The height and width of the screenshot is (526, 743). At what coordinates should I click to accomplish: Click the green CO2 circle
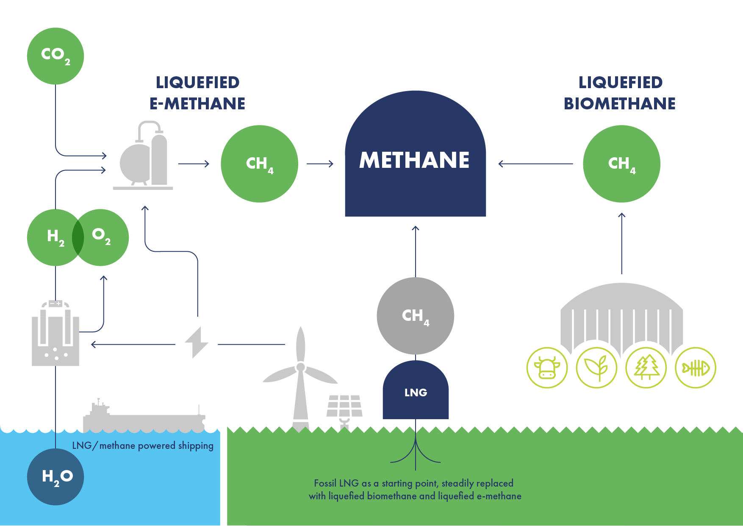55,56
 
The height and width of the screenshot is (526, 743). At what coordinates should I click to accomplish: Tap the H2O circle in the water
55,477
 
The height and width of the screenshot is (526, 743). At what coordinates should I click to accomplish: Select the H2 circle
51,237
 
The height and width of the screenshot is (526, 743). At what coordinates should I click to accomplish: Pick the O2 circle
104,237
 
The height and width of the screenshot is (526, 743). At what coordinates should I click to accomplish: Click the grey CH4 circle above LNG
415,316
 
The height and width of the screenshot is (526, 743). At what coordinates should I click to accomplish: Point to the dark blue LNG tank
416,392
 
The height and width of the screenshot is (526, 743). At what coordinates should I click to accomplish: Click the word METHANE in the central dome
414,160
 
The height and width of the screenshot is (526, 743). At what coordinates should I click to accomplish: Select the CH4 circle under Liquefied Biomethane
621,164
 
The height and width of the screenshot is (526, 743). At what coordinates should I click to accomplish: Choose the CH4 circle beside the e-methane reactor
259,164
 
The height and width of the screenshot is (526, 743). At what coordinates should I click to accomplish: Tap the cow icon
547,368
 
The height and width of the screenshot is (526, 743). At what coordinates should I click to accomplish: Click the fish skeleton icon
695,368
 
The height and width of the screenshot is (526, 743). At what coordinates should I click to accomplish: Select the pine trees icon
646,368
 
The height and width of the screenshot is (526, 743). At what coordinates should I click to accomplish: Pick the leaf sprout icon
596,368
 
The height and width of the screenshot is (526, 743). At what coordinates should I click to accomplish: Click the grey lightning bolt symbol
197,342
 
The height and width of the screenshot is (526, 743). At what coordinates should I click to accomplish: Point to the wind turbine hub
301,367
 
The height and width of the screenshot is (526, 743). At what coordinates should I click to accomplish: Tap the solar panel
344,406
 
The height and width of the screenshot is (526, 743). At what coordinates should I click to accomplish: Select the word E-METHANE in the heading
197,104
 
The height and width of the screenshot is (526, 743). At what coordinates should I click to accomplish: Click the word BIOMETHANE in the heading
619,104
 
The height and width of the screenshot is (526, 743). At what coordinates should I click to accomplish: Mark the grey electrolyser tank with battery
55,335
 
